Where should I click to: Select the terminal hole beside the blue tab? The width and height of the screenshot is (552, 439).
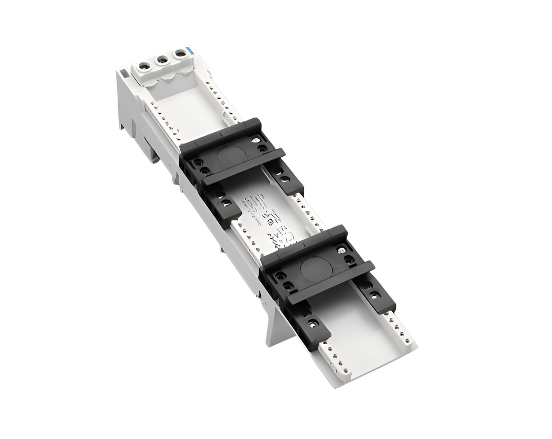pos(180,53)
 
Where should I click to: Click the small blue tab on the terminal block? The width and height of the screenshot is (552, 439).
pos(191,51)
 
